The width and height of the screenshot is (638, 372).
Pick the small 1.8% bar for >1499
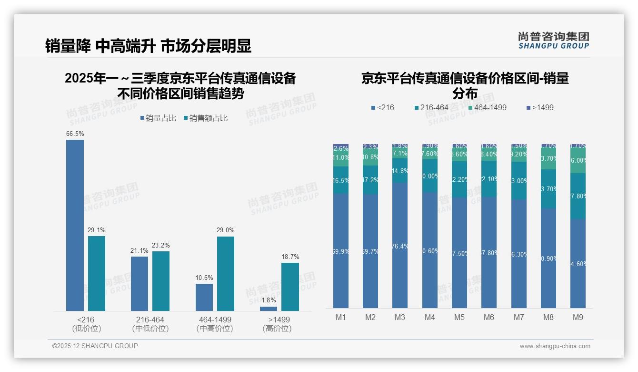point(269,309)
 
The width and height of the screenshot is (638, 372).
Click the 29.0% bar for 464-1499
point(226,274)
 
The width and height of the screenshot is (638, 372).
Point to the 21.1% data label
point(140,251)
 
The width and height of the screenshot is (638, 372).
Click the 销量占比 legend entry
point(159,118)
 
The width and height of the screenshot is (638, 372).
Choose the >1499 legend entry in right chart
point(540,107)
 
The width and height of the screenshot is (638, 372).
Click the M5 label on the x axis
point(459,317)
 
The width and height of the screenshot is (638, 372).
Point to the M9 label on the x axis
point(578,317)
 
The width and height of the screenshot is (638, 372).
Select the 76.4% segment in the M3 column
point(400,245)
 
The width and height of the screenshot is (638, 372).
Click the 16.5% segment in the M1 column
point(341,180)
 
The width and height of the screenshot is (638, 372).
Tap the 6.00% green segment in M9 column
point(578,161)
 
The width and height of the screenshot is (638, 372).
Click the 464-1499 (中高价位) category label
point(215,324)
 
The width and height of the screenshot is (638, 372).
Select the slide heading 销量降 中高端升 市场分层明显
point(148,46)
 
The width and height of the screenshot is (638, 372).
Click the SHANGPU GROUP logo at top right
point(553,41)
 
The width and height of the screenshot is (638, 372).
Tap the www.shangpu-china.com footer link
point(555,346)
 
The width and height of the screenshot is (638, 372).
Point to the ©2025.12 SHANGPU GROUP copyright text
point(95,346)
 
